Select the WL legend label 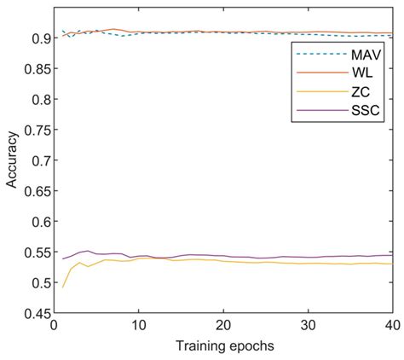click(361, 73)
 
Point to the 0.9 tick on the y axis click(34, 38)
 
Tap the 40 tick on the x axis click(390, 326)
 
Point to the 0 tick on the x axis click(54, 326)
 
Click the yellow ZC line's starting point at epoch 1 click(62, 287)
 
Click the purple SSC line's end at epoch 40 click(391, 255)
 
